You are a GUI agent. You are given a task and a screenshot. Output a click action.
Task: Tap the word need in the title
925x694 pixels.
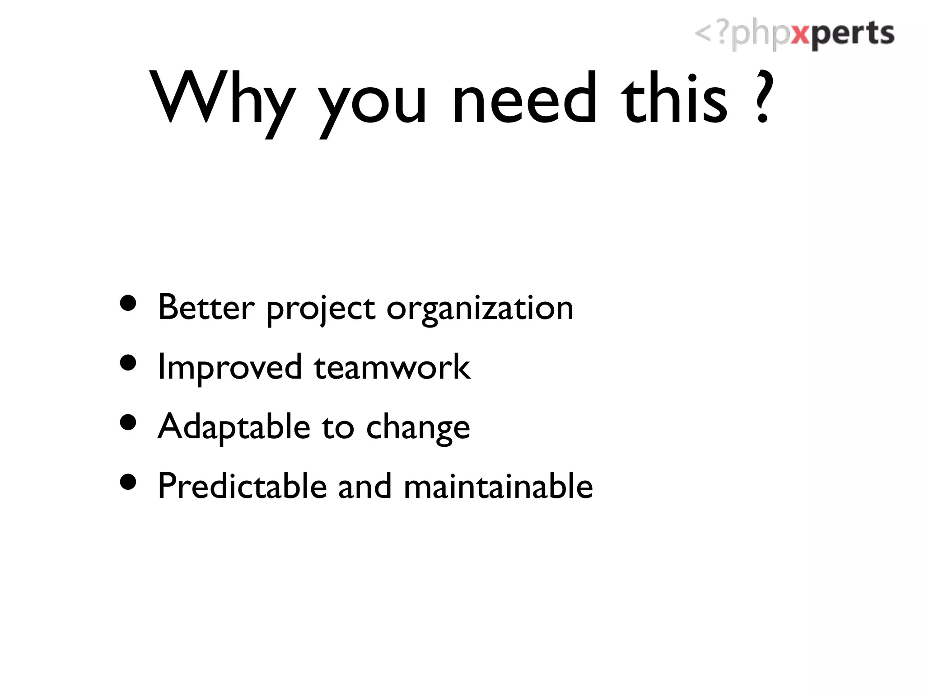[524, 98]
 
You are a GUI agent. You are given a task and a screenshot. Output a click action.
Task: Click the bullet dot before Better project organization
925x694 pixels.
[128, 304]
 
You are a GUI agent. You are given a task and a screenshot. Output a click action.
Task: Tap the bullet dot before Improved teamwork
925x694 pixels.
[128, 363]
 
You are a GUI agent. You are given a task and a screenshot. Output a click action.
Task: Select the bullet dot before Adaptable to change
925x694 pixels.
[128, 423]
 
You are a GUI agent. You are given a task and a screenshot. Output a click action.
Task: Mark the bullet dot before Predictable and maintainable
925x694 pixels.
[128, 482]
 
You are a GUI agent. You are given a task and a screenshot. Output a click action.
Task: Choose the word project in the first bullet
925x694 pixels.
[320, 310]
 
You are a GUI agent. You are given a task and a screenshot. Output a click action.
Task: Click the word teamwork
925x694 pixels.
[392, 367]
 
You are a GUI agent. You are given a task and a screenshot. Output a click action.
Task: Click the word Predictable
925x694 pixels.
[242, 486]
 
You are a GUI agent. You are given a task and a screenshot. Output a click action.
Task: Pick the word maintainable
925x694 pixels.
[498, 486]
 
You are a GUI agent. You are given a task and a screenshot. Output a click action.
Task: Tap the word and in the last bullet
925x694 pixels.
[364, 486]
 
